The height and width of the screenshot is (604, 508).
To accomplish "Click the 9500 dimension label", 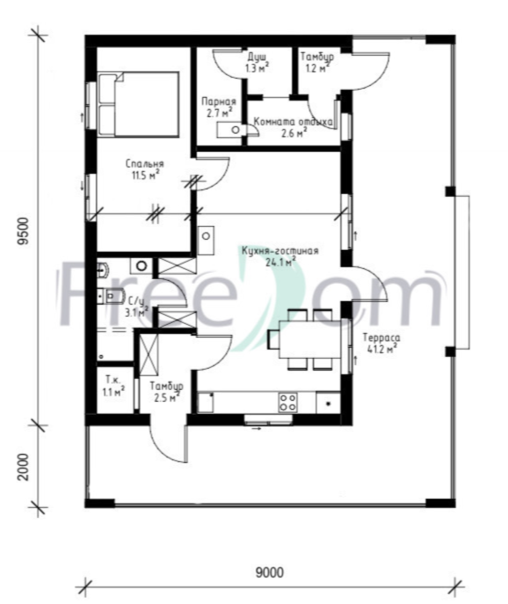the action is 24,232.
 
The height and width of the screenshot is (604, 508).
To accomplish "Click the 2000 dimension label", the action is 24,467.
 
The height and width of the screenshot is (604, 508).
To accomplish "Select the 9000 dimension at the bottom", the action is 270,572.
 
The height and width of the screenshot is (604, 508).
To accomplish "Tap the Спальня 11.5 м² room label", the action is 145,170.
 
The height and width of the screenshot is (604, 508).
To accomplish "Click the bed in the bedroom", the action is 138,104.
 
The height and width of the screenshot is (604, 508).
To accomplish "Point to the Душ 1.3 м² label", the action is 257,63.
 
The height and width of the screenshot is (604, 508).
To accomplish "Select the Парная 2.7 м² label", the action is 219,107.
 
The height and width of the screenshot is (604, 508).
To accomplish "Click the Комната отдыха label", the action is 293,122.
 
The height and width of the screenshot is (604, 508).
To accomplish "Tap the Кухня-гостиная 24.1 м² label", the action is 280,256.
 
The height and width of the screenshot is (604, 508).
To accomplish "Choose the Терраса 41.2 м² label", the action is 382,343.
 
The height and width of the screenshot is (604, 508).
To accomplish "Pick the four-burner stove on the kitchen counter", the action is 287,403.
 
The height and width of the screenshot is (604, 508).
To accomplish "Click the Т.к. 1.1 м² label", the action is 113,386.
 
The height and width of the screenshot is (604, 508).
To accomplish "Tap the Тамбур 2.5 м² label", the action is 167,392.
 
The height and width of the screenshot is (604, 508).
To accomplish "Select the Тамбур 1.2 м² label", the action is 317,62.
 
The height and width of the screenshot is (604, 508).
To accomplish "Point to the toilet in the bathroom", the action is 111,296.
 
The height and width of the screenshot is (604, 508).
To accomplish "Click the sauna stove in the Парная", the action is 230,130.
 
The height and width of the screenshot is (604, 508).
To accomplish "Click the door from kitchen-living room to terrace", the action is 367,283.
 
